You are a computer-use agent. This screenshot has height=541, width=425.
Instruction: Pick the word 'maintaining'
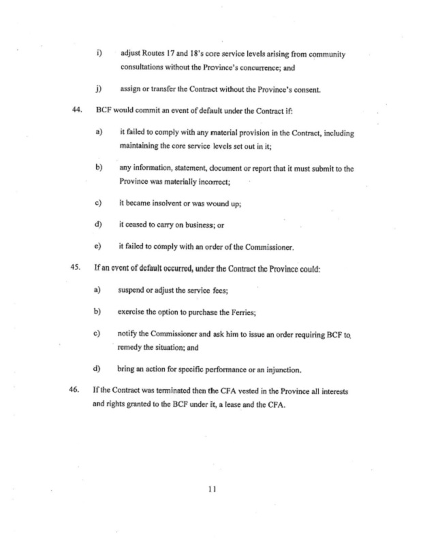[x=142, y=144]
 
